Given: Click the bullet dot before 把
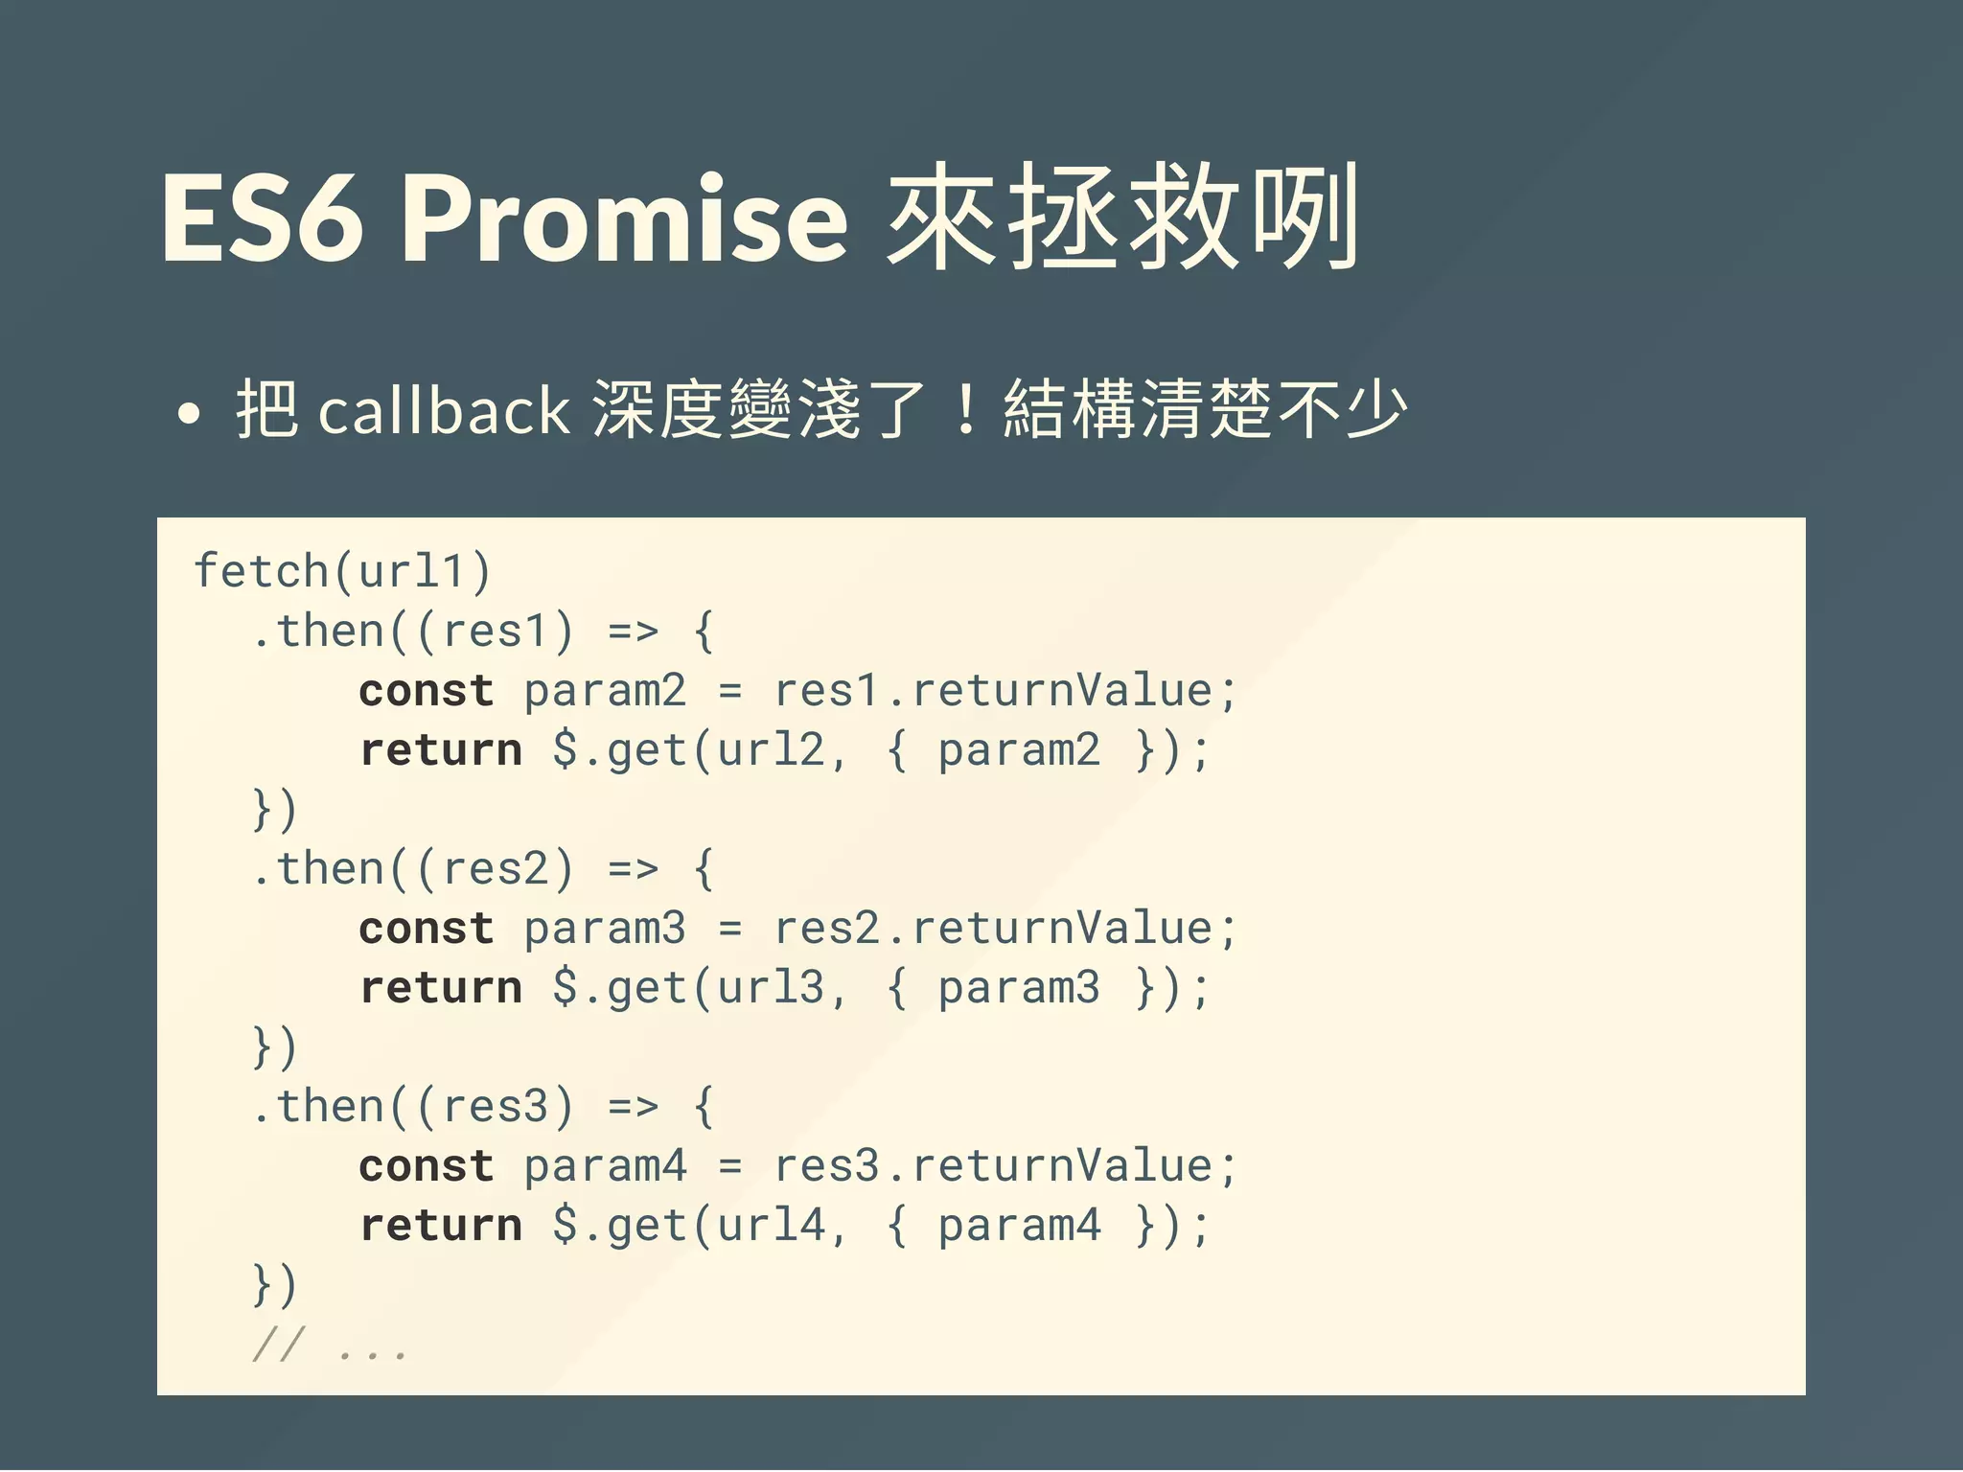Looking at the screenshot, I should point(190,414).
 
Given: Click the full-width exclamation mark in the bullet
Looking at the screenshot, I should point(966,410).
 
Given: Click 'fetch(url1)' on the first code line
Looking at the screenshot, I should point(342,572).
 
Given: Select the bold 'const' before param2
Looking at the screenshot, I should point(427,691).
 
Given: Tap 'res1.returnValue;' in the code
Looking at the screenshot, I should point(1005,691).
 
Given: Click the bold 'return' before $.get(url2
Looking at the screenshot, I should point(441,750).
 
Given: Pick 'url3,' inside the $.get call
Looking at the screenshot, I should point(781,988).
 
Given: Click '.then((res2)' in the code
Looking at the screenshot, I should point(412,869).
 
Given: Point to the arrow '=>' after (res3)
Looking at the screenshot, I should point(634,1108).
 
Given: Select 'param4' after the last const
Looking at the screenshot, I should point(605,1166).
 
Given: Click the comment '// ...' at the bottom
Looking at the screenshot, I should point(330,1345).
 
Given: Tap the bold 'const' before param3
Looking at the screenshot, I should point(427,929).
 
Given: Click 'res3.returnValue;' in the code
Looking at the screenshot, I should point(1005,1166).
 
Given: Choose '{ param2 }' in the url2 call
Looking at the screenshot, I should point(1019,750).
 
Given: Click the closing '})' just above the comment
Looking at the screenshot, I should point(275,1285).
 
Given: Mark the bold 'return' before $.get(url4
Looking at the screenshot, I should point(441,1226).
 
